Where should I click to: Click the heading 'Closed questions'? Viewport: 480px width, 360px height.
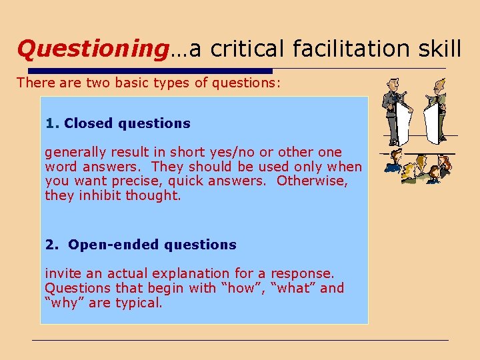point(127,123)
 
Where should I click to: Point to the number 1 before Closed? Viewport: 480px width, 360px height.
point(51,123)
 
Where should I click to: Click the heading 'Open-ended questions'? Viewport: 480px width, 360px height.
point(152,245)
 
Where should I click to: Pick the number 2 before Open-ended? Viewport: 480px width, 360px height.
point(51,245)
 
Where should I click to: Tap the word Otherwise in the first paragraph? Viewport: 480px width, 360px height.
point(310,181)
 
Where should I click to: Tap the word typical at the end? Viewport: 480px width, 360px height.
point(139,303)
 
